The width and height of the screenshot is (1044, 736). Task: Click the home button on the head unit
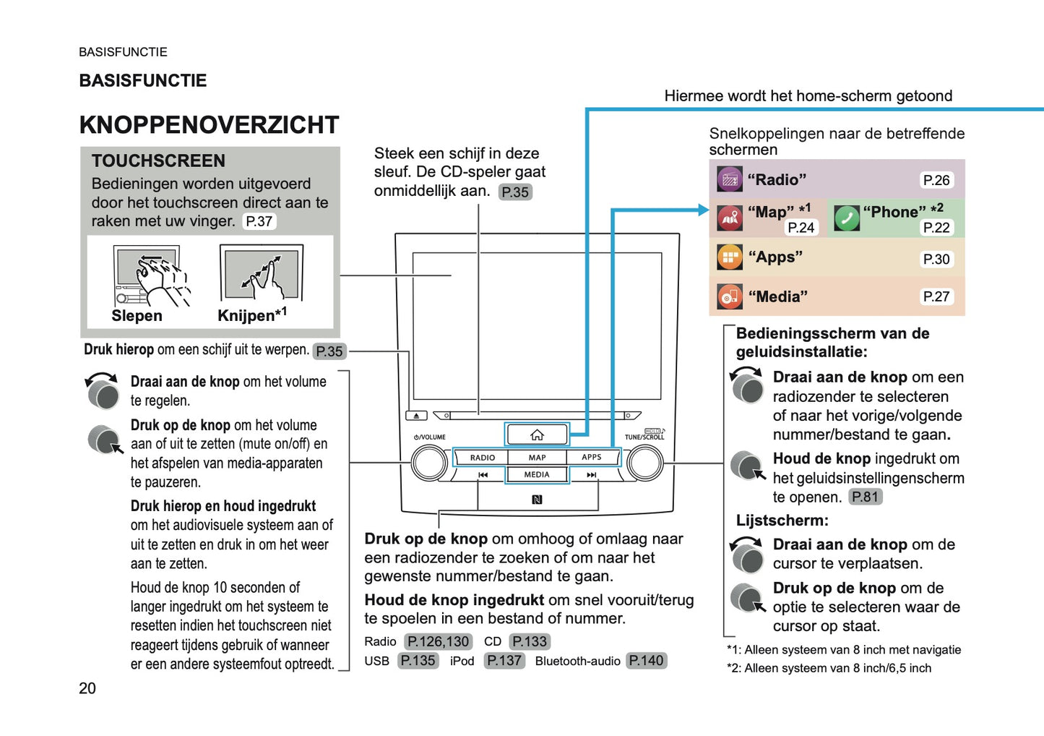tap(537, 435)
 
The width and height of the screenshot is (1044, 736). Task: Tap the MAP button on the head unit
tap(537, 458)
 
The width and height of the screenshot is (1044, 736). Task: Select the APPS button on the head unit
tap(592, 458)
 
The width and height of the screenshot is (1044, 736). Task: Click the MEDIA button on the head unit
tap(537, 475)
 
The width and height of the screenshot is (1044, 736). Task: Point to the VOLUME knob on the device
tap(429, 463)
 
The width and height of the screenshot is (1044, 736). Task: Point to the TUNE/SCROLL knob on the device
tap(644, 463)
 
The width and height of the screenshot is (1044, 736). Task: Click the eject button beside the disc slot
tap(417, 416)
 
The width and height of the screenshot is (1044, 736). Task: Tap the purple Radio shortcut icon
tap(730, 179)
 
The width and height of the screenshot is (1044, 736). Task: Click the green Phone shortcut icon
tap(846, 218)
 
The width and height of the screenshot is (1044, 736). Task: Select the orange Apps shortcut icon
tap(730, 257)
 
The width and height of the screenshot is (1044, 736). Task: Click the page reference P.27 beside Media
tap(936, 296)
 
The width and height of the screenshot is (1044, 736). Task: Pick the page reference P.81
tap(865, 497)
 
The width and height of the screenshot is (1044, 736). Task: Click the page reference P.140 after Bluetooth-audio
tap(646, 661)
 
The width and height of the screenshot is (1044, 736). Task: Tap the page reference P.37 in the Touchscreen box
tap(259, 221)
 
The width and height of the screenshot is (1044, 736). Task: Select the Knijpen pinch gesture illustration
tap(262, 273)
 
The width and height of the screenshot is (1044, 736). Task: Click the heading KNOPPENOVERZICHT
tap(209, 125)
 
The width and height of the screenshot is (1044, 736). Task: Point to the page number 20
tap(87, 688)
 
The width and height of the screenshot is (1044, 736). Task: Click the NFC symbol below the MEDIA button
tap(537, 500)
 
